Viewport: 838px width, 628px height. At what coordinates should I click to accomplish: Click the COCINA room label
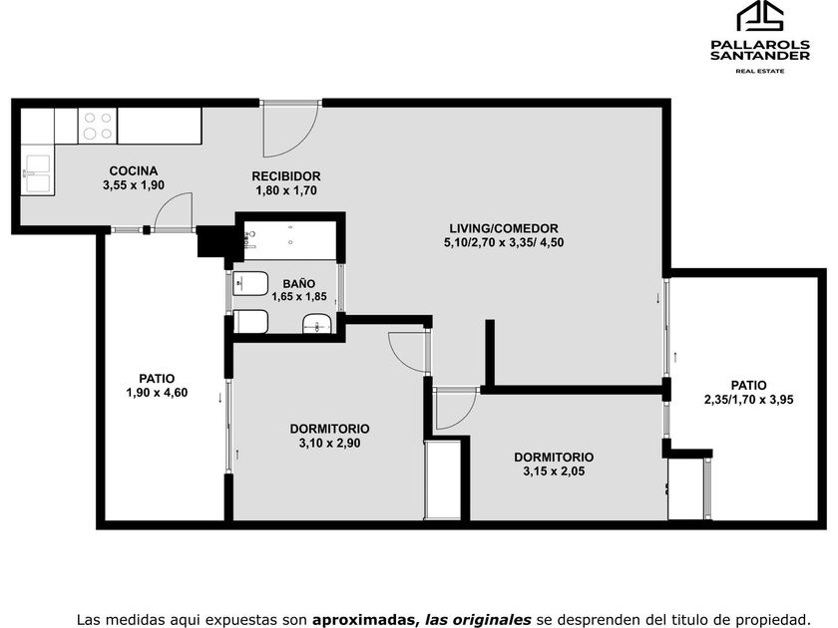pos(134,170)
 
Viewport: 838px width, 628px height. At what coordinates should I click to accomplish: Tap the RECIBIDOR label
pos(286,176)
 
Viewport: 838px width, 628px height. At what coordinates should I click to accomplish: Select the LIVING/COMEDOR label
pos(504,228)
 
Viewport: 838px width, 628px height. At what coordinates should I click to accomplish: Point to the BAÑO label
pos(299,283)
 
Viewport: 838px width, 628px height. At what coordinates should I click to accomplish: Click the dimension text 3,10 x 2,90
pos(330,443)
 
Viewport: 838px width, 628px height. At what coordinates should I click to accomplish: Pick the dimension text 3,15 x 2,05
pos(554,471)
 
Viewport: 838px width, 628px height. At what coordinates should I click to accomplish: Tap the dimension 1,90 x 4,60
pos(157,393)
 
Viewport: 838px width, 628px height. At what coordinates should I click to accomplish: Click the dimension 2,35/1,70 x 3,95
pos(749,399)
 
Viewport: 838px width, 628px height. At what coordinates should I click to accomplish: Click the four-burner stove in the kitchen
pos(98,126)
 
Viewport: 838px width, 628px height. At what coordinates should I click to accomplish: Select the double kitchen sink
pos(38,173)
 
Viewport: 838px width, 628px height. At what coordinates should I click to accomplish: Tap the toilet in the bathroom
pos(250,283)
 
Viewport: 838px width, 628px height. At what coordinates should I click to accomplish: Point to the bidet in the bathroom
pos(250,321)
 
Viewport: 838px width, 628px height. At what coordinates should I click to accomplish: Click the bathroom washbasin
pos(317,324)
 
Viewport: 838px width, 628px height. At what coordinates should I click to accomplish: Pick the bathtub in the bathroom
pos(289,241)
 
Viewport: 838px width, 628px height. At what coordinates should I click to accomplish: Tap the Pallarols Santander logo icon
pos(760,16)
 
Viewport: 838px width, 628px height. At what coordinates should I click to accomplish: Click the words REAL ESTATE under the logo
pos(760,71)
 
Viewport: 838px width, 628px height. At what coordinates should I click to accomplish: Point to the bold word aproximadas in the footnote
pos(363,620)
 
